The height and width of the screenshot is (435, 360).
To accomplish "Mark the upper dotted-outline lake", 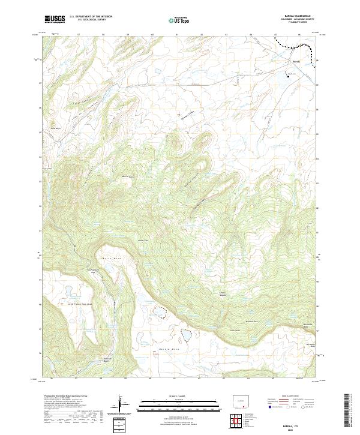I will tap(159, 311).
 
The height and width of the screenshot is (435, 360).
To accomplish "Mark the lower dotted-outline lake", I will tap(187, 334).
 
